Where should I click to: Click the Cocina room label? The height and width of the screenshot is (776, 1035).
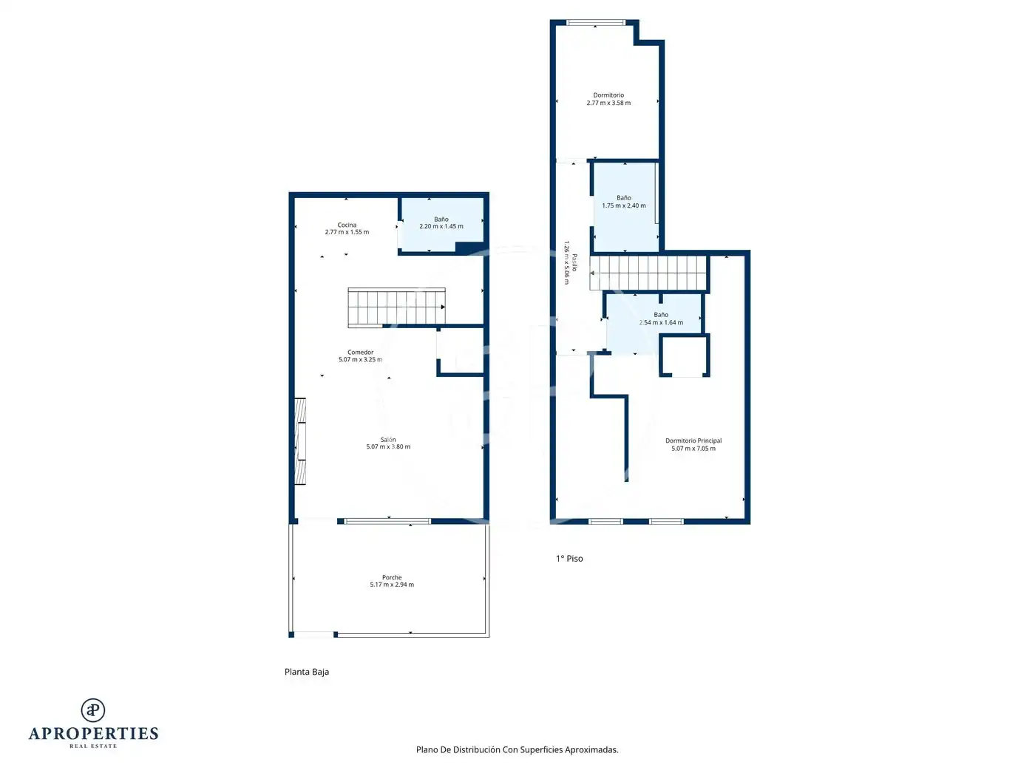tap(347, 225)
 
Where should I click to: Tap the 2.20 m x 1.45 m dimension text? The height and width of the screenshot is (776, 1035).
tap(441, 226)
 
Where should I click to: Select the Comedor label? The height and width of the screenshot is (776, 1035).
tap(360, 352)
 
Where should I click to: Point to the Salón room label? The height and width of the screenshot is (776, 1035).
tap(388, 439)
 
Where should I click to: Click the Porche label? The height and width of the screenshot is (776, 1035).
tap(392, 577)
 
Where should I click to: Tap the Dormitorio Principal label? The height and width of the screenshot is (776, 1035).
tap(693, 440)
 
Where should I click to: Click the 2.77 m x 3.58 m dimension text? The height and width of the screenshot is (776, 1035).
tap(608, 103)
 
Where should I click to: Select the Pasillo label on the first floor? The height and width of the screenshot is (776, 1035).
tap(574, 262)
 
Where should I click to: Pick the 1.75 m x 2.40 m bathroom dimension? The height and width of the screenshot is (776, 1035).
tap(623, 205)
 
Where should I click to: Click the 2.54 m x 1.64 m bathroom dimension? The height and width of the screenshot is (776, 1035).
tap(661, 322)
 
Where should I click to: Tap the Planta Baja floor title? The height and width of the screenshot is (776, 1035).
tap(307, 672)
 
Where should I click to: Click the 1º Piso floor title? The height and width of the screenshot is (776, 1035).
tap(569, 558)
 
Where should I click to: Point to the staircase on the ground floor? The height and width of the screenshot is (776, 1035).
tap(396, 307)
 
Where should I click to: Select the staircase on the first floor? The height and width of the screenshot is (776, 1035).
tap(648, 272)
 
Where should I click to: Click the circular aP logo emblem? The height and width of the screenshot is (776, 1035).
tap(93, 710)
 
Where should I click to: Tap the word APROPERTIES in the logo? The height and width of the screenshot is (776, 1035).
tap(93, 733)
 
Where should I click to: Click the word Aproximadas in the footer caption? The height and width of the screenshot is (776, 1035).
tap(591, 749)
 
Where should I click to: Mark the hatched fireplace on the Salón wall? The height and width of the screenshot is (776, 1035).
tap(300, 441)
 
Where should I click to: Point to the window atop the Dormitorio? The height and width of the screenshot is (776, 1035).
tap(596, 22)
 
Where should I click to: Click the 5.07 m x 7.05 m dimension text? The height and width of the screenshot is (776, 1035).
tap(693, 449)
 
